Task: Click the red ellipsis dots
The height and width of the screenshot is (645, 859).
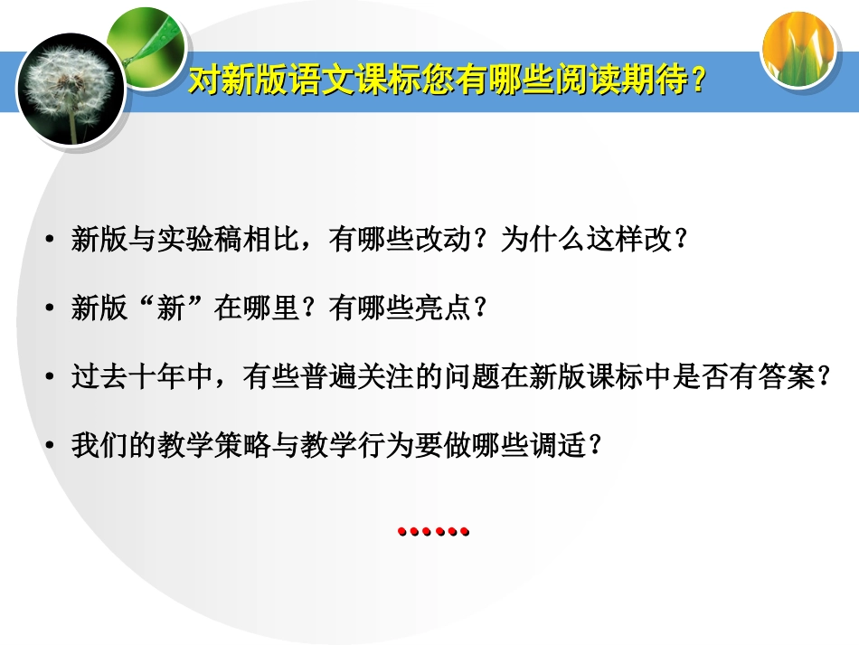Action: (x=434, y=532)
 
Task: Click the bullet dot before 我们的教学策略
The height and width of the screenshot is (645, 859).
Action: (x=51, y=446)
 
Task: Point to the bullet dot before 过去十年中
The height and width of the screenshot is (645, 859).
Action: (x=51, y=377)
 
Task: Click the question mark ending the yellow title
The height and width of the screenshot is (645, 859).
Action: (x=697, y=81)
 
